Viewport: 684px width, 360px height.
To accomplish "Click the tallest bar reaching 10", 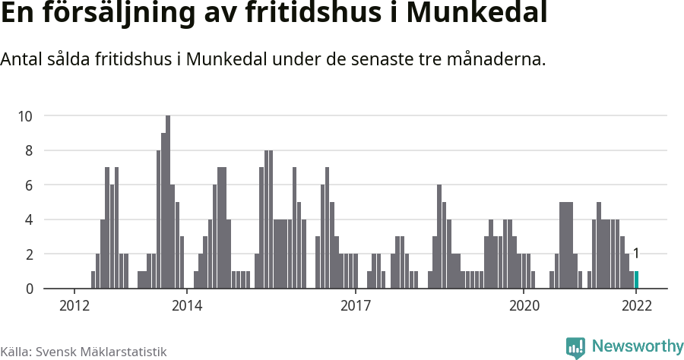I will (168, 202).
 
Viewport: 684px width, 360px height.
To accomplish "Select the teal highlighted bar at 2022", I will (636, 279).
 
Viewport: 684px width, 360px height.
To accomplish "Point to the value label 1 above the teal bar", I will (636, 254).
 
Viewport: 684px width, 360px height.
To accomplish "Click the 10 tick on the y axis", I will (25, 116).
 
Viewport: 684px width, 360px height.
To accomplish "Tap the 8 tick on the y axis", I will (28, 150).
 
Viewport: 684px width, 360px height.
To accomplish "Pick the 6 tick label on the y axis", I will (28, 185).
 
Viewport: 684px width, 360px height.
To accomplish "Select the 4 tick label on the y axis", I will (28, 219).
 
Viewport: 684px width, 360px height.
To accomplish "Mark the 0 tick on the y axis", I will (28, 289).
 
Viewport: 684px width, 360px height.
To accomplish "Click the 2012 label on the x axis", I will (74, 306).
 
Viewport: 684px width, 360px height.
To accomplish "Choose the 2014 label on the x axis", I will (187, 306).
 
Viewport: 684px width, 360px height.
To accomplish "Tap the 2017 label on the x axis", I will (355, 306).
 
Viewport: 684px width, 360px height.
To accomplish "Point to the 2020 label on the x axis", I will (524, 306).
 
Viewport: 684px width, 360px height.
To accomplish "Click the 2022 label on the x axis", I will (636, 306).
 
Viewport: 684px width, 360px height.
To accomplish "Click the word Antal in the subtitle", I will (21, 59).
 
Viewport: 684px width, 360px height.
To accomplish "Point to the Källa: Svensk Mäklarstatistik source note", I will (83, 352).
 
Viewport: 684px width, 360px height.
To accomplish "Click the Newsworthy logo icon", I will (575, 347).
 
